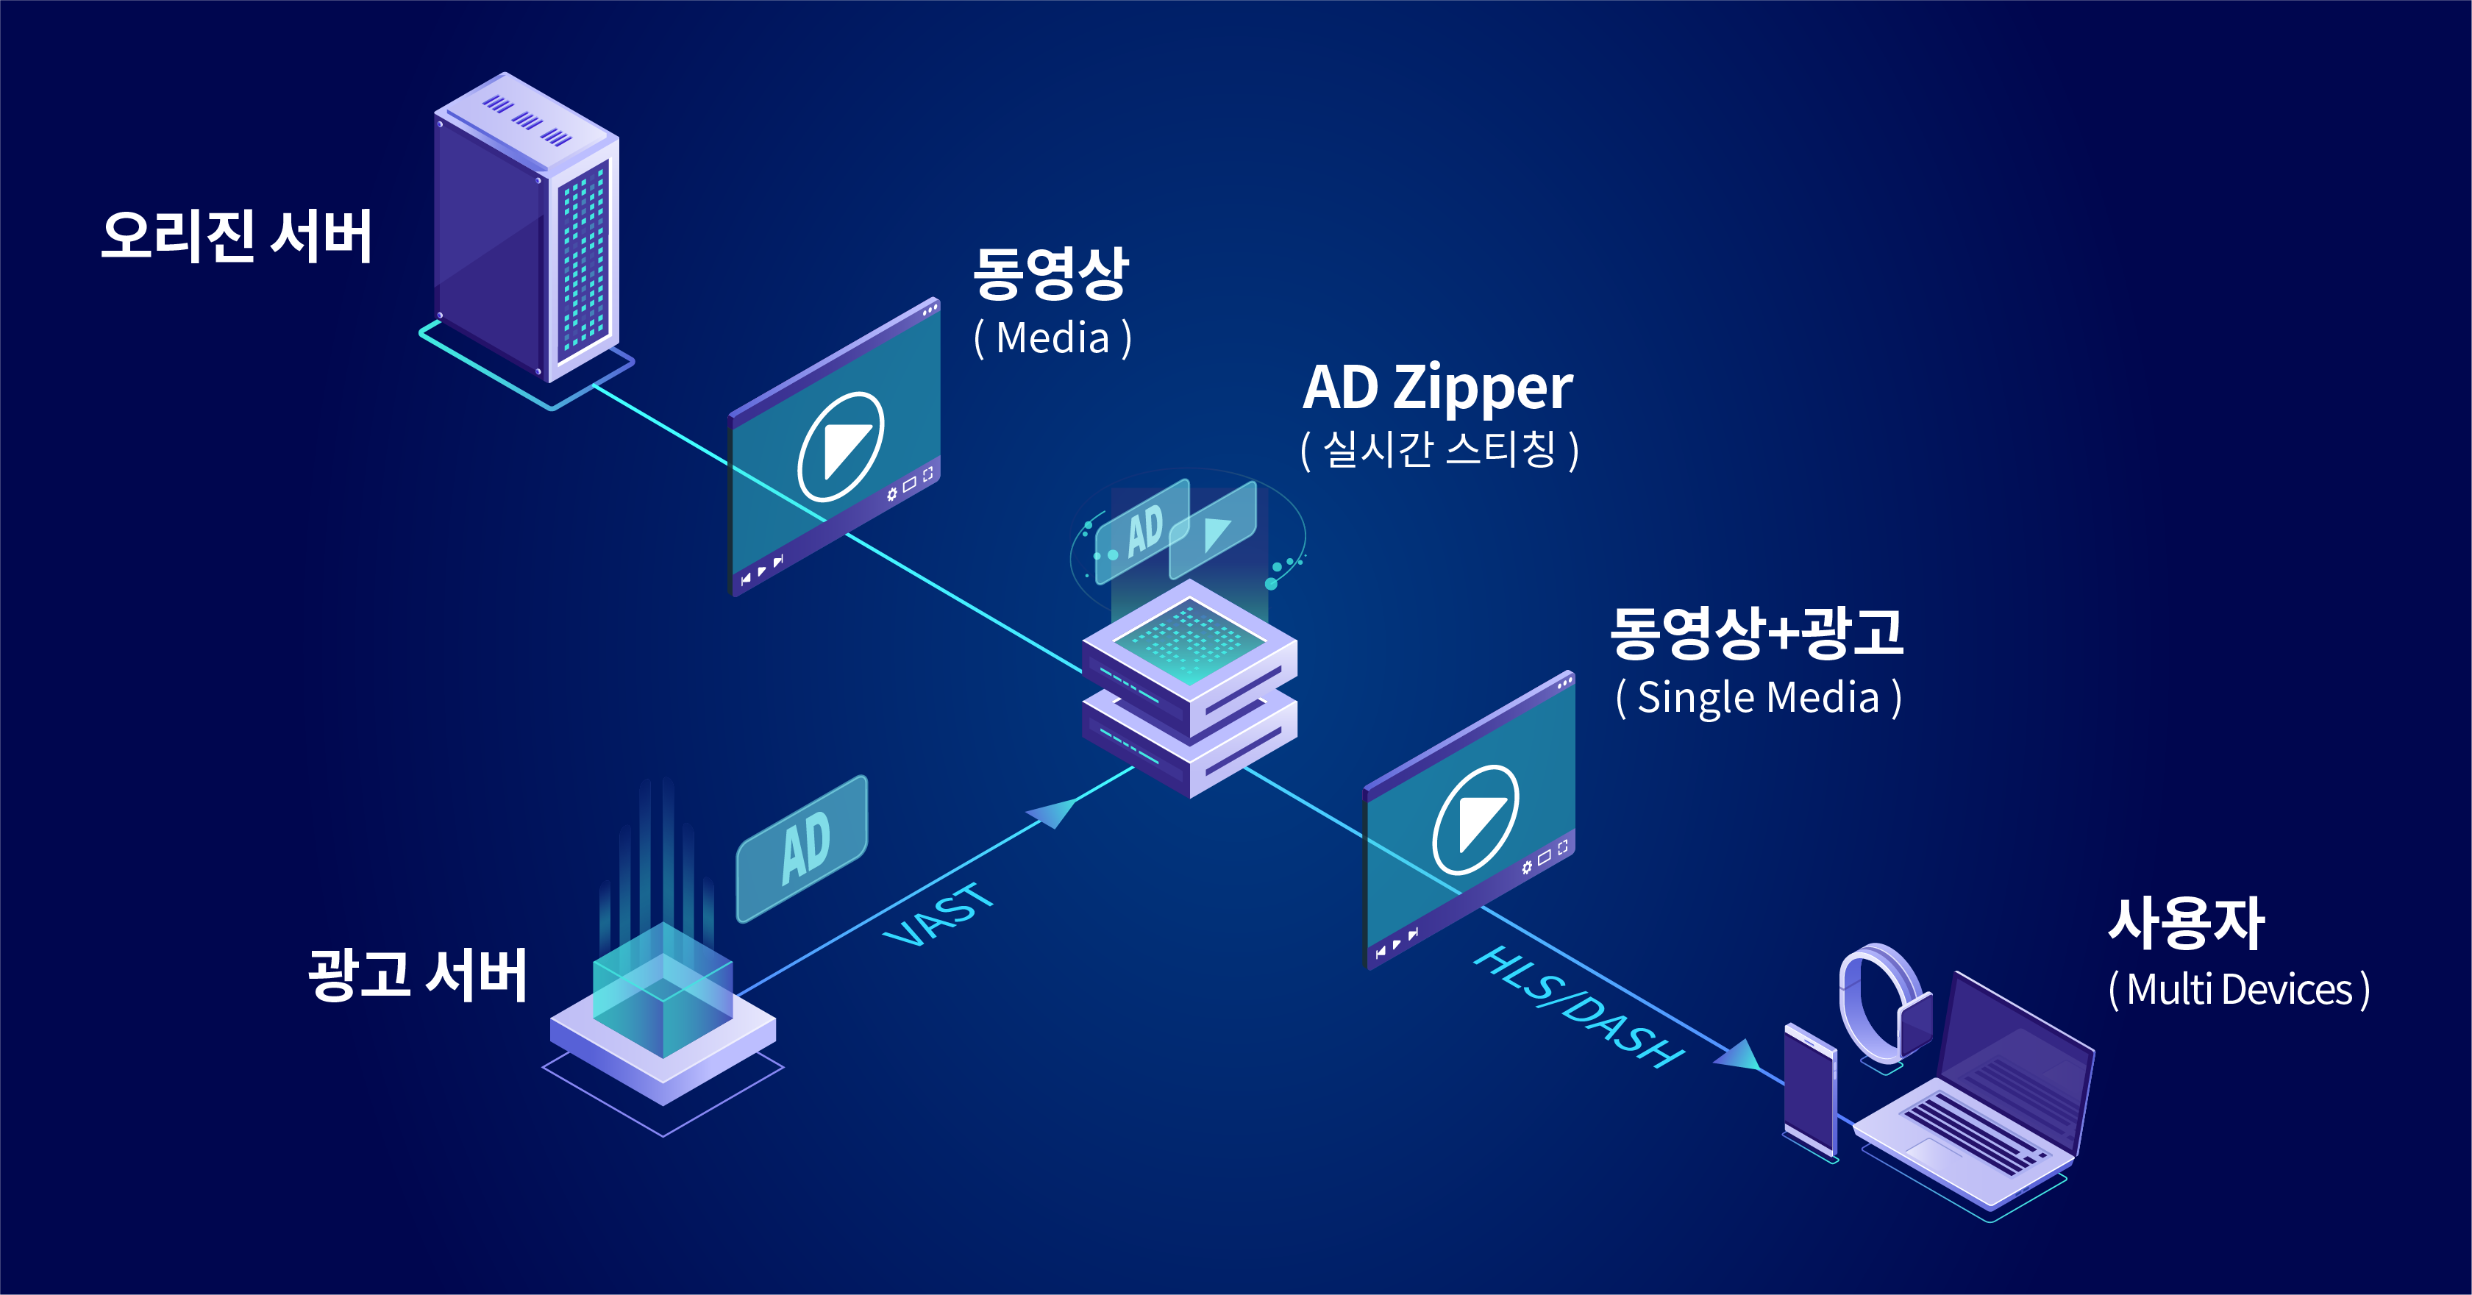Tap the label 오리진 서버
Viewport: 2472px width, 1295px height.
[236, 236]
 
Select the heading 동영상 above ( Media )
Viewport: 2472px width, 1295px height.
[1051, 274]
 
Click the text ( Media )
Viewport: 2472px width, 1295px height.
[1052, 338]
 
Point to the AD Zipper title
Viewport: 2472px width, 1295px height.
[1437, 388]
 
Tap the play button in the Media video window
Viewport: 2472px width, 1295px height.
[840, 447]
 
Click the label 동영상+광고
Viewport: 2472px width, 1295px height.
[1756, 633]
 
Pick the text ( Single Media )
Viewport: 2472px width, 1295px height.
[1758, 697]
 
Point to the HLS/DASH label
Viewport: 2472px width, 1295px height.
[1578, 1007]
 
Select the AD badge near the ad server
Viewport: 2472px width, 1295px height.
[802, 848]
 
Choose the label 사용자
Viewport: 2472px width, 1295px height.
[2186, 923]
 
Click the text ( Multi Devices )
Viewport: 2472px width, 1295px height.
[2239, 990]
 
